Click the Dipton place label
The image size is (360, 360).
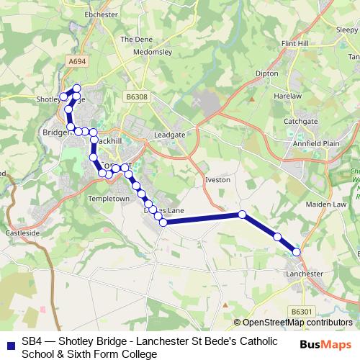(x=267, y=73)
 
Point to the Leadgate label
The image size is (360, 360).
(x=170, y=135)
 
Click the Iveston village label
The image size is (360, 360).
(x=217, y=179)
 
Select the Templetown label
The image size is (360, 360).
(x=108, y=198)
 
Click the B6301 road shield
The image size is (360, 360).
(x=304, y=311)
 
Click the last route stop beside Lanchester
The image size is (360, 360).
(x=297, y=251)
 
